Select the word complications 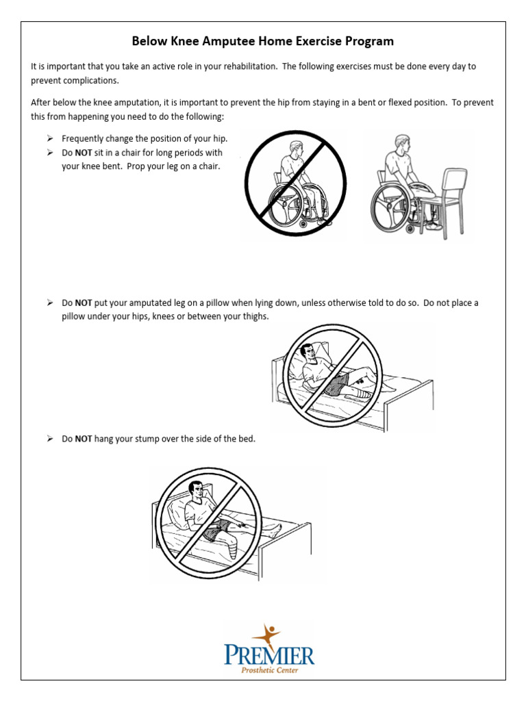[89, 80]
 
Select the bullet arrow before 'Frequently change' [50, 139]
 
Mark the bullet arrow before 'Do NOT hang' [50, 439]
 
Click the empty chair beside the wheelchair [449, 199]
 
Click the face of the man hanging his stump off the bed [197, 491]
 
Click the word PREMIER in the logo [269, 655]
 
